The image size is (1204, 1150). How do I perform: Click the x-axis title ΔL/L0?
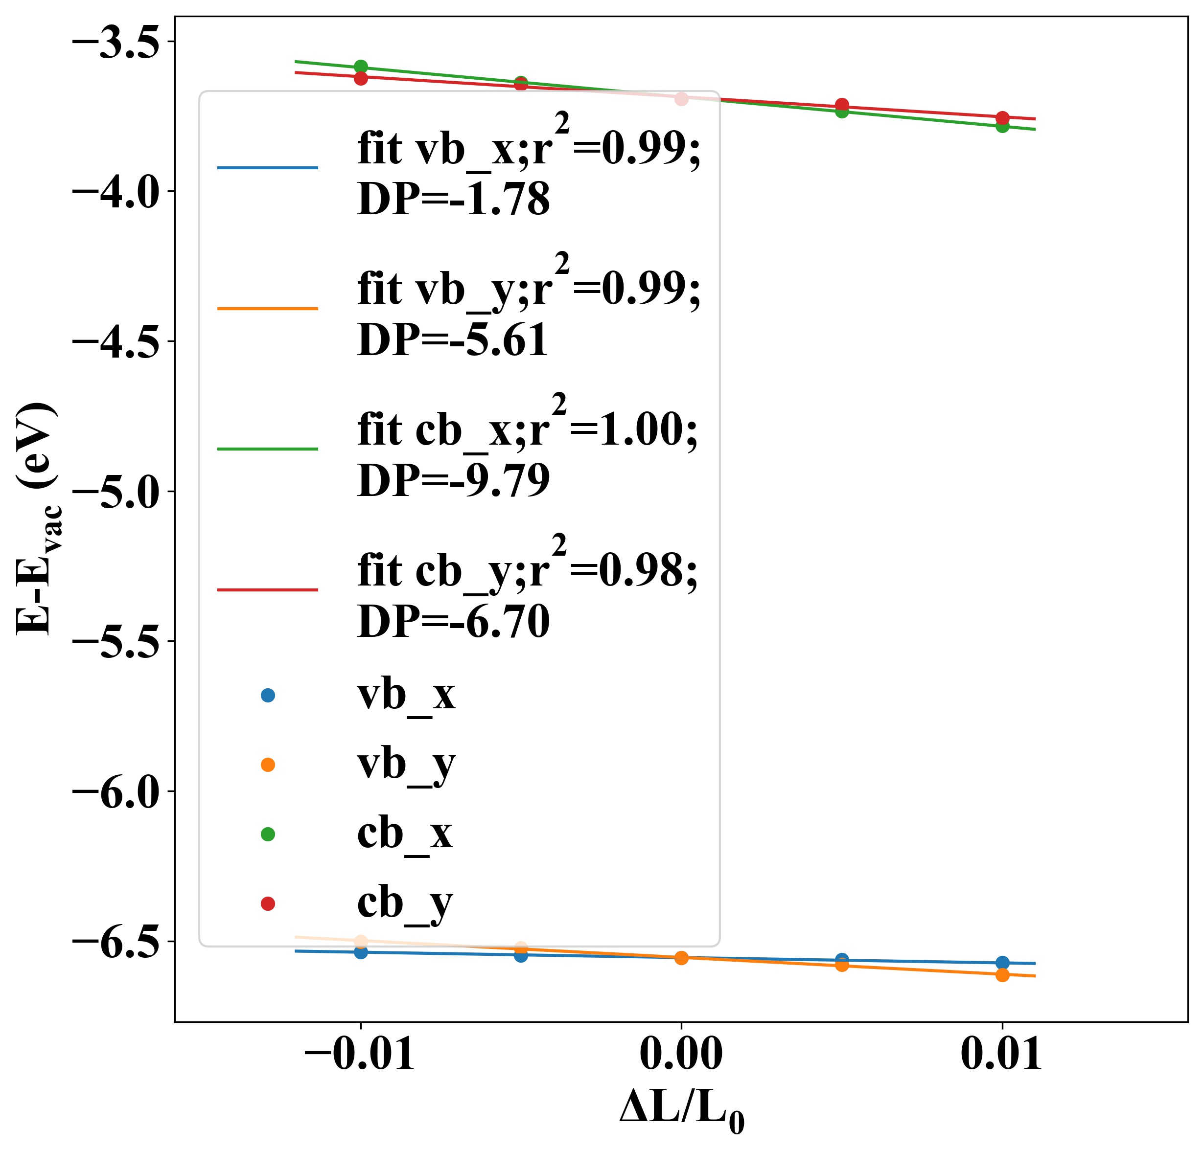[681, 1108]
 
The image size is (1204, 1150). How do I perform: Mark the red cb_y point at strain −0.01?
[361, 78]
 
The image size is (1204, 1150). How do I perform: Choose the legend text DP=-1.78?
[453, 199]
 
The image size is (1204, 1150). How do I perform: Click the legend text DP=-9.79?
[453, 481]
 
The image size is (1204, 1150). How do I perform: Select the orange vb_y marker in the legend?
[267, 765]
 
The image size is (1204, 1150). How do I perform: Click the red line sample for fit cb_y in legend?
[267, 590]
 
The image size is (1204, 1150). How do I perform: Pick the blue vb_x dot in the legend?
[267, 695]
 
